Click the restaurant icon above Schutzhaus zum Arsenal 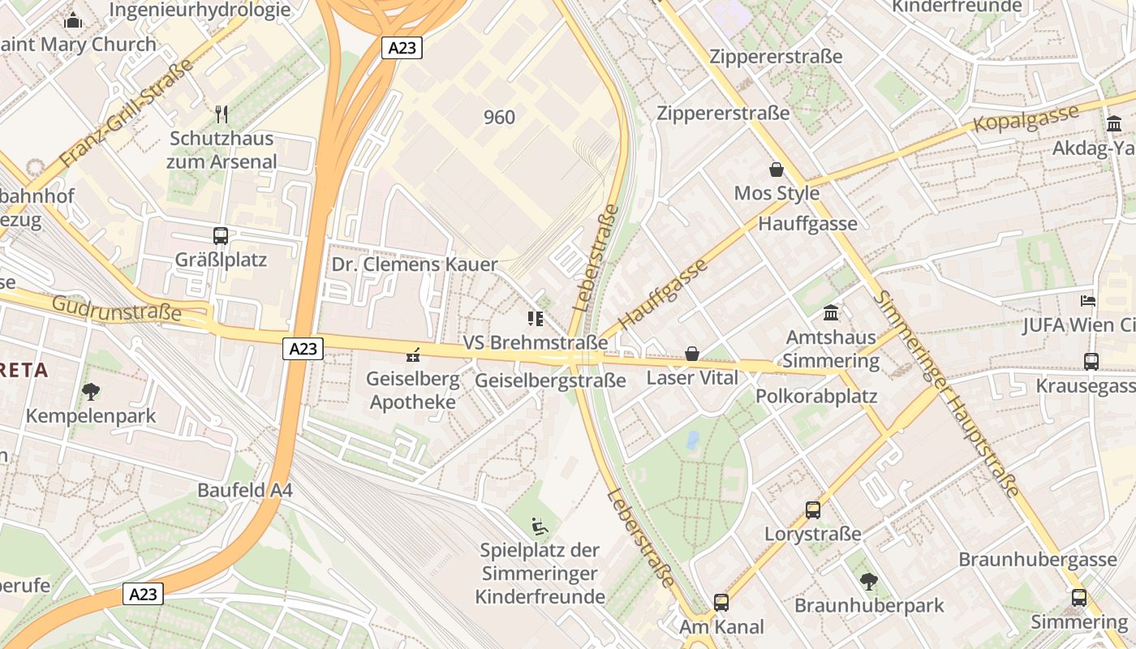tap(221, 114)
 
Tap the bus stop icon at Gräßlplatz tap(221, 236)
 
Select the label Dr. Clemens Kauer tap(414, 264)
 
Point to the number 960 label tap(499, 118)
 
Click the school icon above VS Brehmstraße tap(535, 318)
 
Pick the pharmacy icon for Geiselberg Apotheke tap(413, 355)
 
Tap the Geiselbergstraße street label tap(550, 380)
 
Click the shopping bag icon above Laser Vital tap(692, 354)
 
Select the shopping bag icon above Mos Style tap(777, 170)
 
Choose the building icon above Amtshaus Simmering tap(831, 312)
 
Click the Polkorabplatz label tap(816, 396)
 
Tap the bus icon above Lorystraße tap(813, 510)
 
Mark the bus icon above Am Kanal tap(721, 603)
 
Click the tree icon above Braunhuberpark tap(869, 581)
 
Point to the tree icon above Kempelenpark tap(91, 392)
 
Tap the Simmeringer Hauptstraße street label tap(946, 391)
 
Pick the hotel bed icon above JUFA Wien tap(1088, 300)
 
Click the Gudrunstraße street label tap(117, 308)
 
